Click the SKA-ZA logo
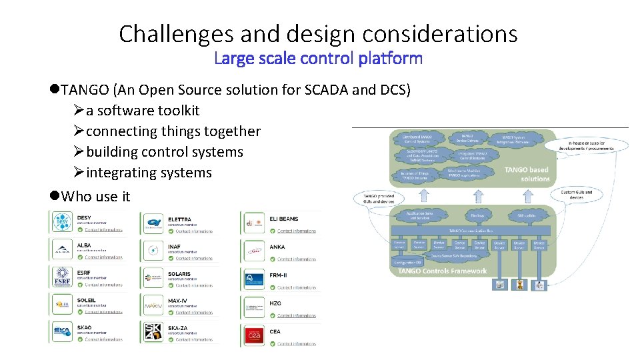(153, 331)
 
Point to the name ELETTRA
(180, 219)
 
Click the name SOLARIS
(179, 274)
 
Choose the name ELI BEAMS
(285, 219)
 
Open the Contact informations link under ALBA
(104, 257)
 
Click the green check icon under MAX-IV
(171, 312)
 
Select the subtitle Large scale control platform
(319, 59)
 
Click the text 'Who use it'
(95, 197)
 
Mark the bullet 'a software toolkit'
(143, 111)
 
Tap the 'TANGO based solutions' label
(526, 175)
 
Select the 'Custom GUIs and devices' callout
(576, 195)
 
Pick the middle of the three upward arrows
(477, 195)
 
